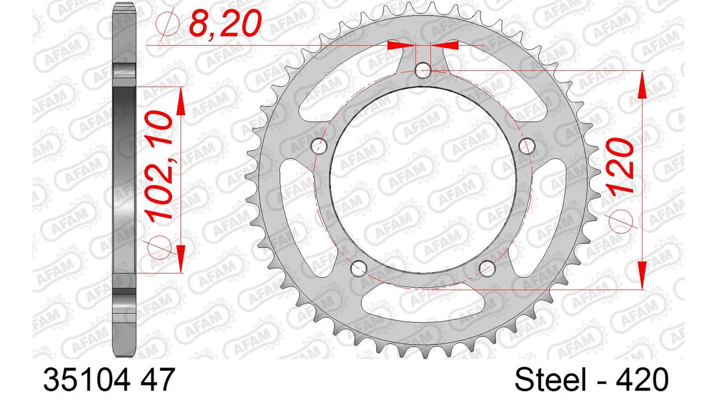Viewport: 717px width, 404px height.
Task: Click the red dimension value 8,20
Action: pos(225,23)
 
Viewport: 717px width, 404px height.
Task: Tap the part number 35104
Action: pos(87,380)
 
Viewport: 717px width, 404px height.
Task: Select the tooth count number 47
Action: pos(157,380)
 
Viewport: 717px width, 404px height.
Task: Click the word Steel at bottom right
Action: pos(550,380)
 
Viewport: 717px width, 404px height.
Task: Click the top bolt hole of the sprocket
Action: pos(423,71)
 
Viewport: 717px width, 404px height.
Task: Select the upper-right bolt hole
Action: pos(527,146)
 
